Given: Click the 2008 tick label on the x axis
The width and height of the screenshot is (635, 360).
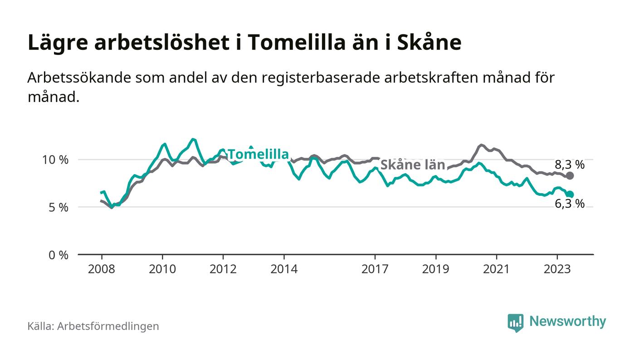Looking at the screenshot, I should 102,269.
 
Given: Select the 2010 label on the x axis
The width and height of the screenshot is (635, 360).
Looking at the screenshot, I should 162,269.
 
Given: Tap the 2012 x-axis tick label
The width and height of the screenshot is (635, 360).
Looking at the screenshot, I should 223,269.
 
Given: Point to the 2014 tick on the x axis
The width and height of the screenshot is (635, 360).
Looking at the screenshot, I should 284,269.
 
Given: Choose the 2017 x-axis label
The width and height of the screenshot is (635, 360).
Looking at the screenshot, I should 375,269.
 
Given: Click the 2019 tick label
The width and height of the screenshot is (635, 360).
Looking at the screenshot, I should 435,269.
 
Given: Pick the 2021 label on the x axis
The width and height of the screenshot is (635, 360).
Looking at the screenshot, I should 496,269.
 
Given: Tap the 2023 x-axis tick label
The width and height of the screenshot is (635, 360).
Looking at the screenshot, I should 557,269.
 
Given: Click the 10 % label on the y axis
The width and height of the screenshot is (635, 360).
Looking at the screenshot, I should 56,160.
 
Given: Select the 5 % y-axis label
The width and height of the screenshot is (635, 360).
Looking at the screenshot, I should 59,208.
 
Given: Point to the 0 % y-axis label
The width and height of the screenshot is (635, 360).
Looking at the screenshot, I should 59,255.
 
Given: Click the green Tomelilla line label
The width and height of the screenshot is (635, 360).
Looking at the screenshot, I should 258,155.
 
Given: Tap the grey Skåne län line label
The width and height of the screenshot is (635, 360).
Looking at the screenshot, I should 412,165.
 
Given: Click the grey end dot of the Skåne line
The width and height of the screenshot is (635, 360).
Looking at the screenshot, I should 570,175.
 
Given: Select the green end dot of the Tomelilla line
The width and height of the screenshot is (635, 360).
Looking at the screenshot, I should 570,195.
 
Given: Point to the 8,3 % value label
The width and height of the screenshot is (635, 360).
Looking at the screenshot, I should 570,165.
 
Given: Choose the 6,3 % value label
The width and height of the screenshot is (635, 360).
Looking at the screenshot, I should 570,204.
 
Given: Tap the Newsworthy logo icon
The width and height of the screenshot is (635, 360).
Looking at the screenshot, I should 515,322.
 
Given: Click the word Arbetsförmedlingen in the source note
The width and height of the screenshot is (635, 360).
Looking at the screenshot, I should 108,326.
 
